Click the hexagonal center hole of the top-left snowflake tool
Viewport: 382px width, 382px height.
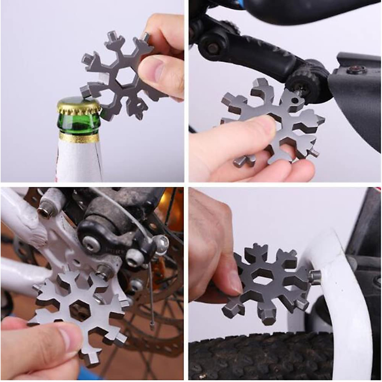click(x=125, y=76)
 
